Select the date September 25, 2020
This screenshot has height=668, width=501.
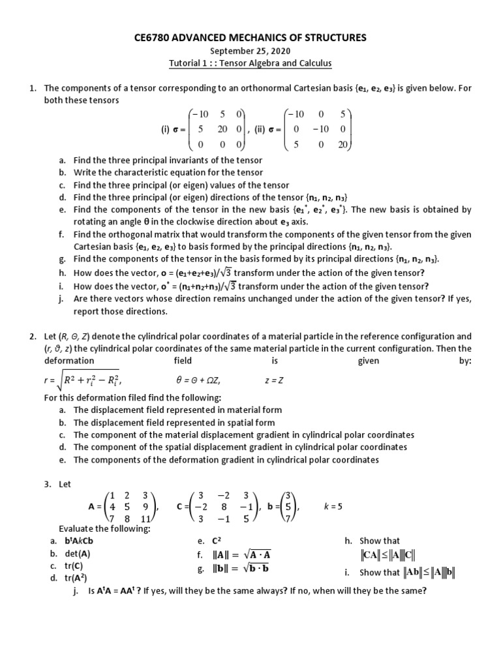click(x=250, y=51)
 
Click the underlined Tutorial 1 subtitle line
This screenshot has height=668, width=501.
click(x=250, y=63)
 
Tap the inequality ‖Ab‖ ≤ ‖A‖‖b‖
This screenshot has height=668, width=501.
click(x=429, y=572)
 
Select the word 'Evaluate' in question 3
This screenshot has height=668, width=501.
click(x=77, y=528)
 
